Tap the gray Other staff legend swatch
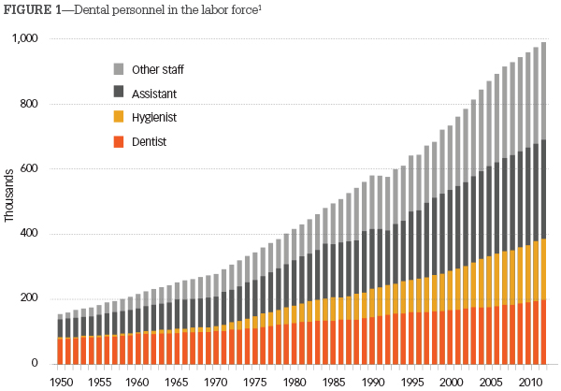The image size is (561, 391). (x=119, y=69)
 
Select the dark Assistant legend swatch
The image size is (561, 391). (x=119, y=93)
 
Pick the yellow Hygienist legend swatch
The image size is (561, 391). (x=119, y=117)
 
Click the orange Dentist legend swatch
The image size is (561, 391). (x=119, y=141)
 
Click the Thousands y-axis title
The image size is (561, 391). (x=9, y=195)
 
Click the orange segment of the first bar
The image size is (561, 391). (x=60, y=351)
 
